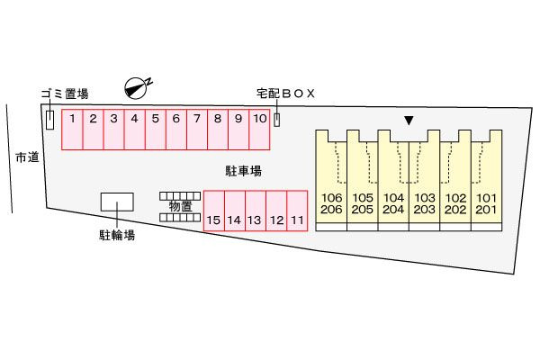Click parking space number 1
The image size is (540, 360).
coord(72,129)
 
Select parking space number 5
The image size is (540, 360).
coord(155,129)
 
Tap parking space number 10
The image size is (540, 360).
coord(259,129)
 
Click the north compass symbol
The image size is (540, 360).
coord(138,87)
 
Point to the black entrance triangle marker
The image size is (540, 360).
coord(409,120)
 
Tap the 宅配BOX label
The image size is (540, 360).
coord(286,94)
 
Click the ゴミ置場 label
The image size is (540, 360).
coord(65,94)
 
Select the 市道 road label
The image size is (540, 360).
coord(27,157)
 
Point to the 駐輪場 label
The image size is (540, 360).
coord(116,236)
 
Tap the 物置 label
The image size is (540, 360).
coord(180,206)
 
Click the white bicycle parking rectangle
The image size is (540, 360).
coord(116,203)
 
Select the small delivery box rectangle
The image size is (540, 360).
coord(277,120)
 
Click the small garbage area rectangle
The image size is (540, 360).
coord(49,119)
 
